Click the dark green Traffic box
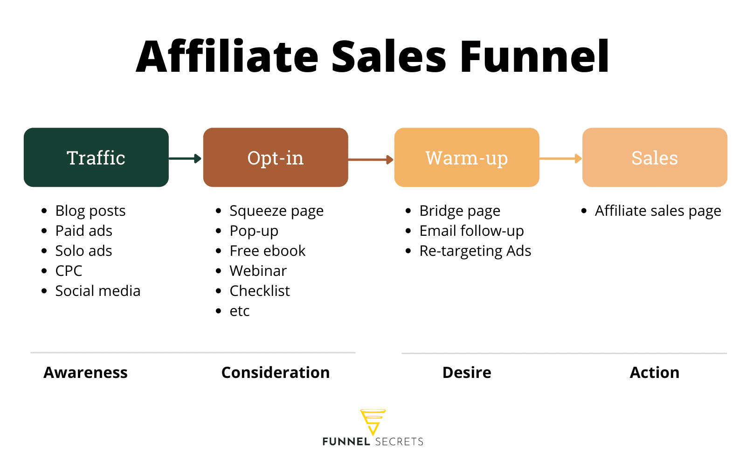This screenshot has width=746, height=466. pos(96,158)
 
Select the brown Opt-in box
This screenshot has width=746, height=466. pos(276,158)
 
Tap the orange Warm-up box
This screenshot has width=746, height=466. pos(467,158)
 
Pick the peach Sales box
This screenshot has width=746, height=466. pos(655,158)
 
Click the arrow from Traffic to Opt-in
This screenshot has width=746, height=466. pos(185,158)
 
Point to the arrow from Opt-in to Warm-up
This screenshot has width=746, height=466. pos(371,159)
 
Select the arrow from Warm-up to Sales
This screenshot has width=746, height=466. pos(560,158)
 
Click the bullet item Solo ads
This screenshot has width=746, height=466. pos(83,251)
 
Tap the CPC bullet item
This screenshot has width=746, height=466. pos(69,271)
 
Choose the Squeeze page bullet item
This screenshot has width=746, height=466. pos(276,211)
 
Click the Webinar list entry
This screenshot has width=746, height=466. pos(258,271)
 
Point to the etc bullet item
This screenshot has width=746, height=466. pos(240,311)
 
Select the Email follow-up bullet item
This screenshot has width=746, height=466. pos(471,231)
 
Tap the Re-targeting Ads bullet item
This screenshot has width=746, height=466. pos(475,251)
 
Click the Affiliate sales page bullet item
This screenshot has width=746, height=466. pos(657,211)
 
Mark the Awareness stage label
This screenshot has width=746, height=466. pos(85,372)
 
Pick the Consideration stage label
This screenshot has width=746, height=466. pos(276,372)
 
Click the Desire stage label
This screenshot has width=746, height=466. pos(467,372)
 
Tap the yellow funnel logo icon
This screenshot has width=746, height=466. pos(373,421)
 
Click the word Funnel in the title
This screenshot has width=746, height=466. pos(534,57)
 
